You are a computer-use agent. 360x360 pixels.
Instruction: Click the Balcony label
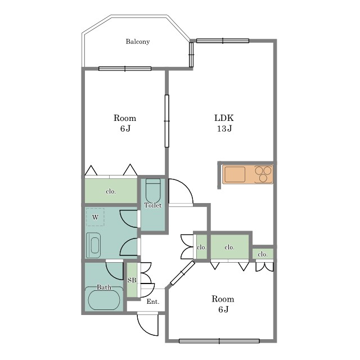pos(138,42)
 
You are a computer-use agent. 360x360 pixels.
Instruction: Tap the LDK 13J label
pos(224,123)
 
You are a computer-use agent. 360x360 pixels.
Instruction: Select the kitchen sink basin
pos(235,174)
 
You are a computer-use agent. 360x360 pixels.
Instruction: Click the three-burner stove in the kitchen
pos(263,174)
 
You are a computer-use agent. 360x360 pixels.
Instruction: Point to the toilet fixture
pos(153,191)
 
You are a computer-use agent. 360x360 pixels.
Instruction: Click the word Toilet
pos(153,205)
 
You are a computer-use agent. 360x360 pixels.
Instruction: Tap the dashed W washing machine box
pos(95,217)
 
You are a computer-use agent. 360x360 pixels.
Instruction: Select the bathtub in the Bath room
pos(104,300)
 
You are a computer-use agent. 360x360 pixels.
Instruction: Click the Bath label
pos(104,287)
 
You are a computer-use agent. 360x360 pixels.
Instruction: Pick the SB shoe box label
pos(132,280)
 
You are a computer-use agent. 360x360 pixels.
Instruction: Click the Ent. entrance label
pos(153,301)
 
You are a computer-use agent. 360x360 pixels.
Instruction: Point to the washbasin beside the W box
pos(93,245)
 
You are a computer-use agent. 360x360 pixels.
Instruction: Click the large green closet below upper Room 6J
pos(111,191)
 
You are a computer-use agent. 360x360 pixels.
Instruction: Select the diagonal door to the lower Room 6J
pos(183,273)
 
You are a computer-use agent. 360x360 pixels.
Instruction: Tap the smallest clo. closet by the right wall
pos(263,254)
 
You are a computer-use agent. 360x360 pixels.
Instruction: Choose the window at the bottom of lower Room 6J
pos(219,341)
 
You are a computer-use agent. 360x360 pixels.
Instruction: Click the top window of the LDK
pos(223,41)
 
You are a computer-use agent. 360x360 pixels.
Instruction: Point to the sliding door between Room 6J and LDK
pos(167,121)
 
